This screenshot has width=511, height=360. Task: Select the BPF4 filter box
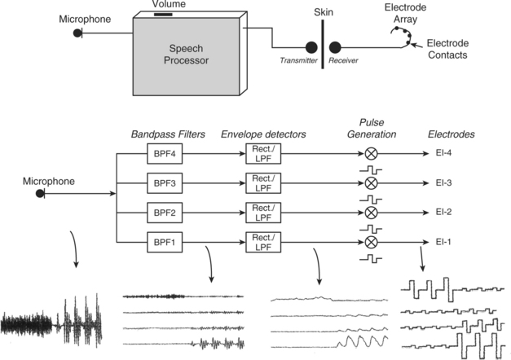(x=159, y=151)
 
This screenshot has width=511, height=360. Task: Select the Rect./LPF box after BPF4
(x=262, y=151)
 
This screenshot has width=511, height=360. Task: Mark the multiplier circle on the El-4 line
(x=372, y=151)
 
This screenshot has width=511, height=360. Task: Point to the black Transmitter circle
(x=311, y=48)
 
